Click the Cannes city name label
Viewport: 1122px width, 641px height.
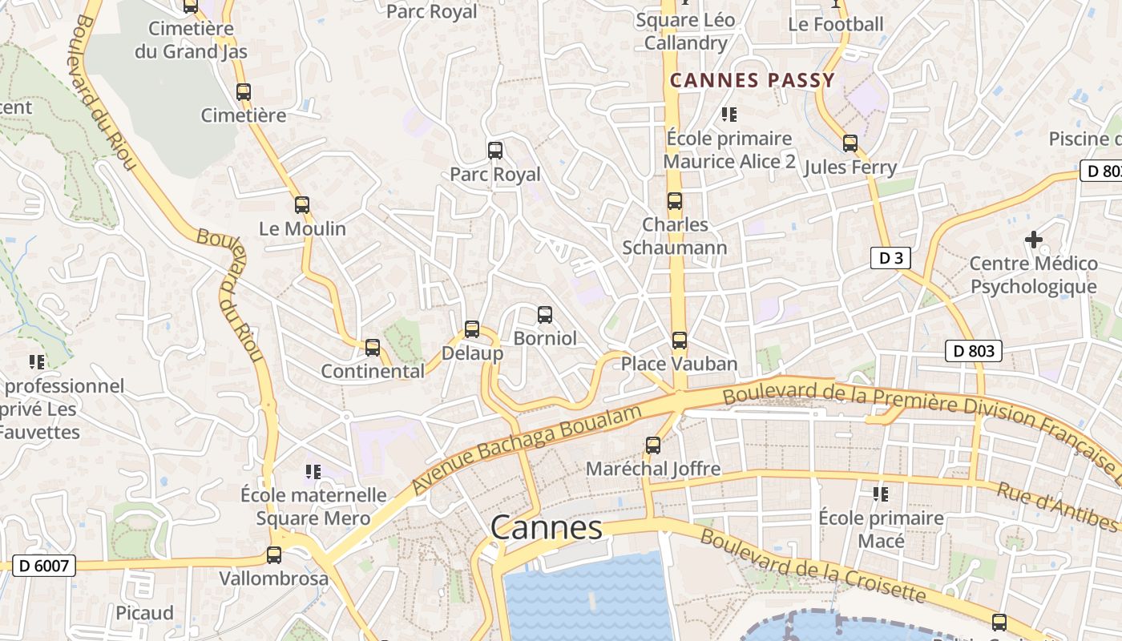546,527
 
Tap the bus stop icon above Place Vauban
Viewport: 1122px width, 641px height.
680,341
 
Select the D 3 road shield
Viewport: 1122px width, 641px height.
890,258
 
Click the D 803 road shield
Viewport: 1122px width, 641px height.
974,351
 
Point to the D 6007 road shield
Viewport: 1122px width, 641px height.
45,566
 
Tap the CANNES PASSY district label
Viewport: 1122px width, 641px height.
753,80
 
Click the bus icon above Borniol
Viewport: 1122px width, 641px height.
545,315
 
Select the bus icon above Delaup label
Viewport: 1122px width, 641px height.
472,329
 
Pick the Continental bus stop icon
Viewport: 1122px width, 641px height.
373,348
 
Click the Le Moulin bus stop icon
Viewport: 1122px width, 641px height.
302,205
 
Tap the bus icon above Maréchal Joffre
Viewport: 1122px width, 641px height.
653,445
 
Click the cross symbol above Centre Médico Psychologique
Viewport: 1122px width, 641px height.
1034,239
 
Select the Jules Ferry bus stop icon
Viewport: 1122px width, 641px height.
850,144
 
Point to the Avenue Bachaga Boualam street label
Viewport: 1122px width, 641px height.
527,450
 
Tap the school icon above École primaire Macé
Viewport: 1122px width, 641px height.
881,494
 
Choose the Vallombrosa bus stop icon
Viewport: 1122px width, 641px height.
274,555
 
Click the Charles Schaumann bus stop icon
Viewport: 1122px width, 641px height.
675,201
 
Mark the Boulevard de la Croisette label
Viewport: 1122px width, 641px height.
813,566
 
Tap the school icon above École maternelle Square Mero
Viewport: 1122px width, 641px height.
313,472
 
